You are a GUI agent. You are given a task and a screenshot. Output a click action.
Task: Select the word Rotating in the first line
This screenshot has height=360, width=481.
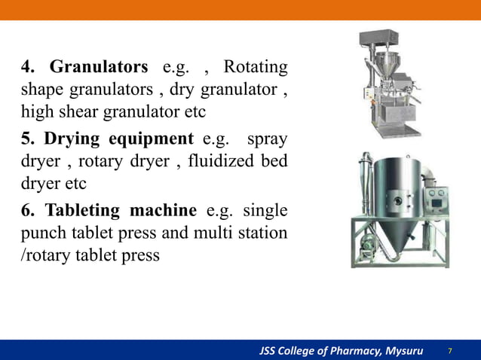[x=256, y=67]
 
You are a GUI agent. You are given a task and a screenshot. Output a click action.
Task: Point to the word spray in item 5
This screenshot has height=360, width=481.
[x=267, y=139]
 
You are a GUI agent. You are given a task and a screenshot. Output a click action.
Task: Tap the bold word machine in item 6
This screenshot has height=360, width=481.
[x=164, y=210]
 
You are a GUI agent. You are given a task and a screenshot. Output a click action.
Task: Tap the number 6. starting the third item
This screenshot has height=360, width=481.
[x=29, y=210]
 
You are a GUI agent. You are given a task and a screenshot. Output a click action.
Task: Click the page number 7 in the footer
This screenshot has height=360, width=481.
[x=451, y=351]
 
